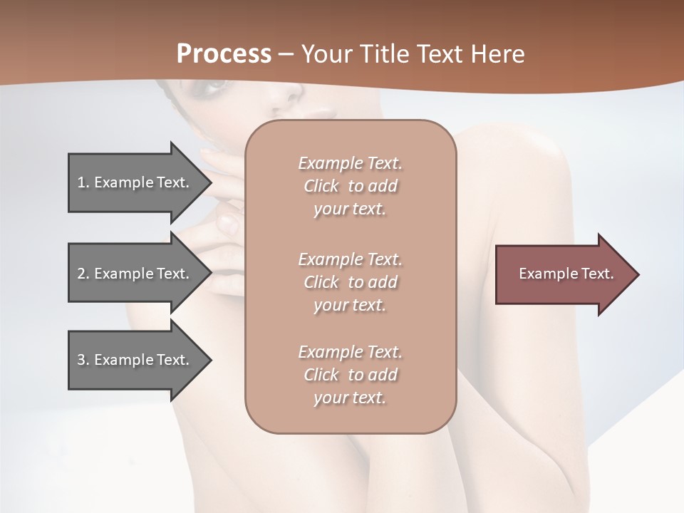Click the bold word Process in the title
click(224, 53)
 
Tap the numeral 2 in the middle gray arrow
click(81, 274)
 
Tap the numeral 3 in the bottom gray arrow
click(81, 360)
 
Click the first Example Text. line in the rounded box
click(350, 163)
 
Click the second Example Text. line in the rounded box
click(350, 259)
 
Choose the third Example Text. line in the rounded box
click(350, 352)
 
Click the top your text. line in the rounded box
click(350, 209)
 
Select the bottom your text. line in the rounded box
click(350, 398)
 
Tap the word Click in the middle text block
click(321, 282)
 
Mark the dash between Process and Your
click(286, 54)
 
